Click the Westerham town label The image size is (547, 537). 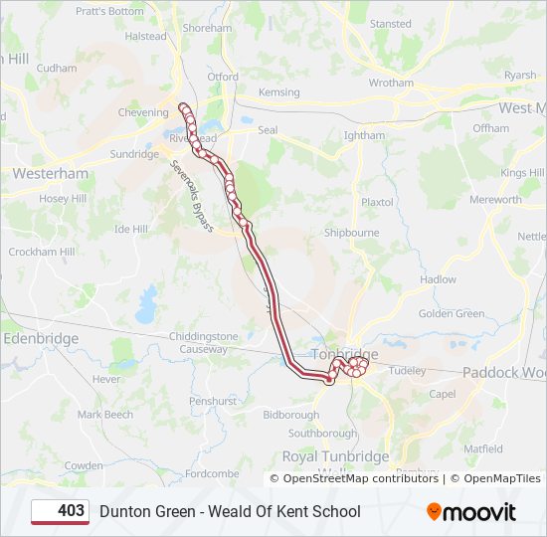tap(50, 173)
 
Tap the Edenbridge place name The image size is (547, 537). tap(42, 338)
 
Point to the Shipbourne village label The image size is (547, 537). tap(351, 233)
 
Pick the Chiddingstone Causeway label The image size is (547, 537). tap(204, 343)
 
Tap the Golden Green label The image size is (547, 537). tap(452, 314)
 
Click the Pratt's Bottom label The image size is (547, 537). tap(109, 12)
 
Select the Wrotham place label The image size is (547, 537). tap(391, 83)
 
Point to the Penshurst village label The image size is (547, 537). tap(214, 401)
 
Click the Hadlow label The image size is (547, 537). tap(438, 279)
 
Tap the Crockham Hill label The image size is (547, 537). tap(42, 252)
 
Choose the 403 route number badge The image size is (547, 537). tap(61, 511)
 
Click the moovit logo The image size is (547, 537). tap(471, 512)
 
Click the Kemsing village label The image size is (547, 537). tap(278, 92)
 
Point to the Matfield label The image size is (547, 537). tap(483, 448)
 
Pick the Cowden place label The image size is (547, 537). tap(84, 465)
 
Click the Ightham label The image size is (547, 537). tap(364, 135)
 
